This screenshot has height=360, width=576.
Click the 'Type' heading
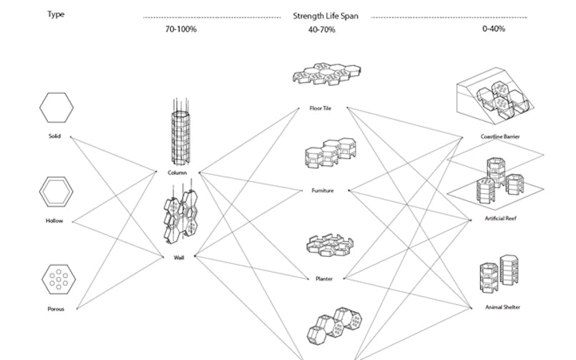[x=56, y=14]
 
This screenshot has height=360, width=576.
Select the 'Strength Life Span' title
[x=326, y=16]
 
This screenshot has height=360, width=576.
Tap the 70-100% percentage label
[x=180, y=30]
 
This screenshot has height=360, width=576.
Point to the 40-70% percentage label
[x=323, y=30]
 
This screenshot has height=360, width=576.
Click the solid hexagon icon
[x=56, y=108]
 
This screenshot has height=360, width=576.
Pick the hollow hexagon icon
[x=55, y=192]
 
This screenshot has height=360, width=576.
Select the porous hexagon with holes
[x=55, y=280]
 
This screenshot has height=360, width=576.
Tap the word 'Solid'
[x=55, y=136]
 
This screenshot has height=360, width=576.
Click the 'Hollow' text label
[x=54, y=221]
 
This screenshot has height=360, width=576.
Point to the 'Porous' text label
[x=55, y=309]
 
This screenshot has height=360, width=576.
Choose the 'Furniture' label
[x=323, y=191]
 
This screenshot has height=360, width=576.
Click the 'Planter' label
[x=323, y=278]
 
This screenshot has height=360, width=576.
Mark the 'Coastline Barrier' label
[x=500, y=137]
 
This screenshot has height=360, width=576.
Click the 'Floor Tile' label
[x=320, y=108]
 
